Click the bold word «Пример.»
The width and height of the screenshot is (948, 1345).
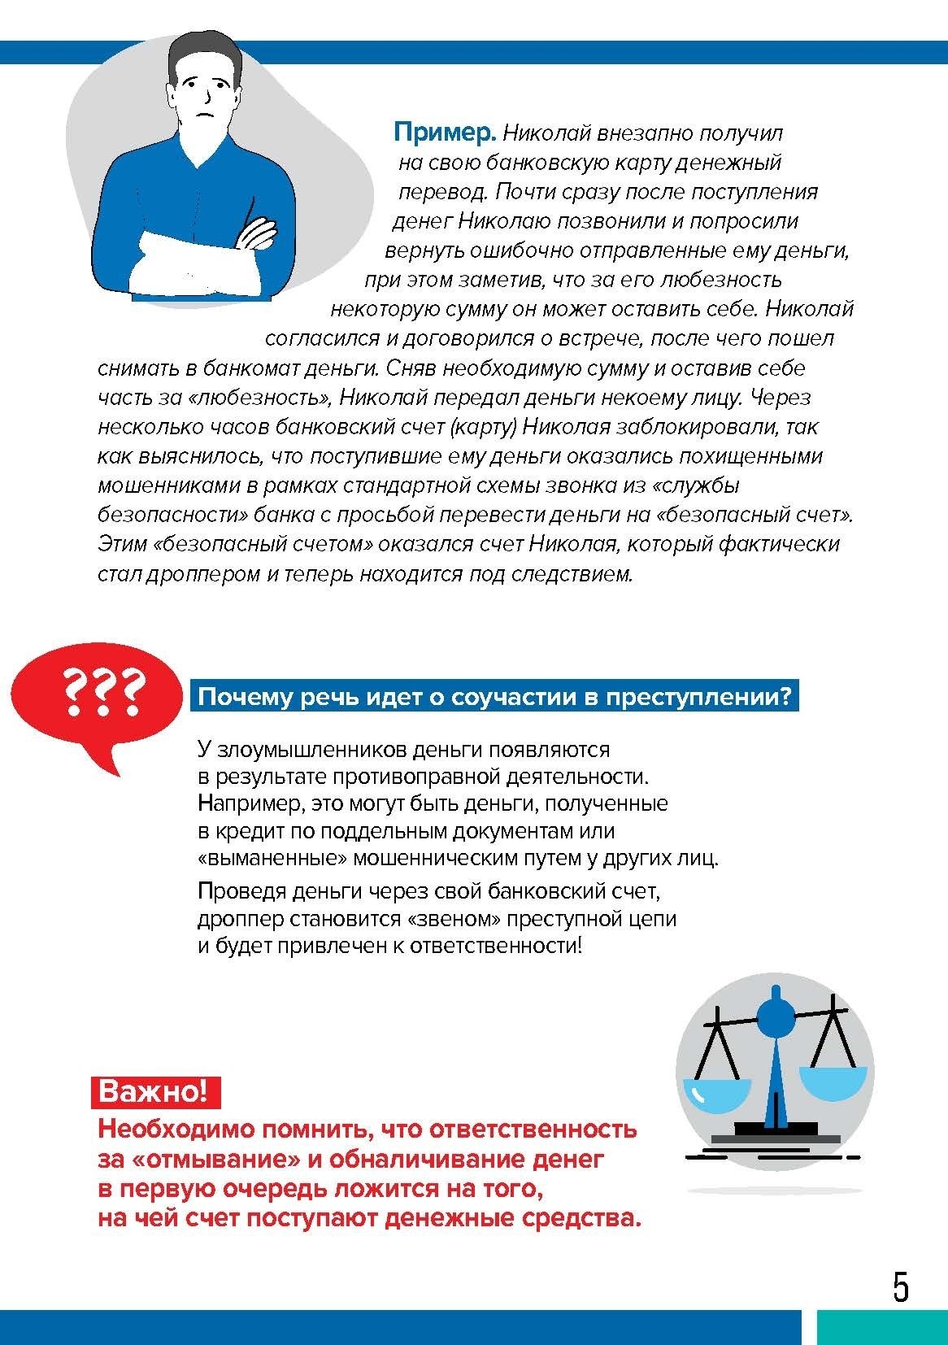coord(444,132)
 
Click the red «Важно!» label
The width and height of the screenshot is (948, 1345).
coord(153,1091)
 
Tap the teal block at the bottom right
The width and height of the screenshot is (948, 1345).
coord(881,1327)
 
